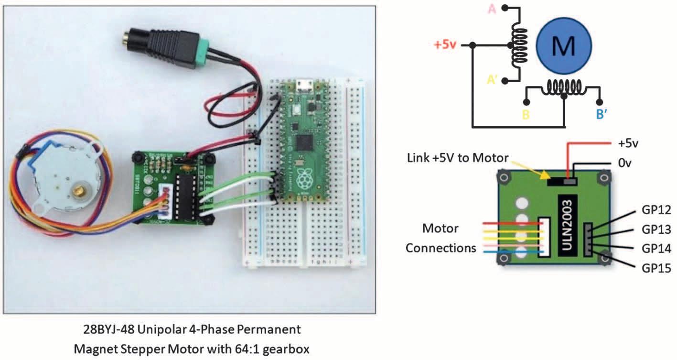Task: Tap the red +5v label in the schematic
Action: point(446,45)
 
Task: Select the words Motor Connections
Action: point(441,238)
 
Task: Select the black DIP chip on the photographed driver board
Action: point(183,198)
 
